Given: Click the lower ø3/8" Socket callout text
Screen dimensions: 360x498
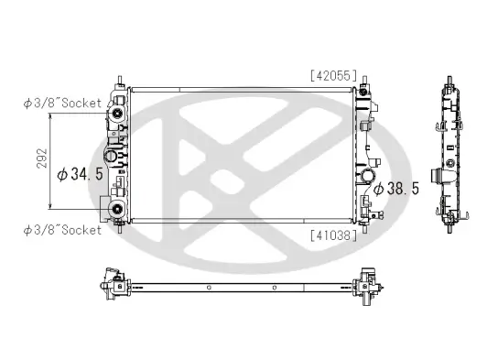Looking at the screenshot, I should coord(61,230).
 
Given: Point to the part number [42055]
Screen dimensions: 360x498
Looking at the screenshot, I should coord(332,77).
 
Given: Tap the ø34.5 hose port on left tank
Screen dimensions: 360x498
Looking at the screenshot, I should coord(110,158).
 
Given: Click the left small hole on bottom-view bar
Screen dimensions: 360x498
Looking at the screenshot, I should coord(209,288).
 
